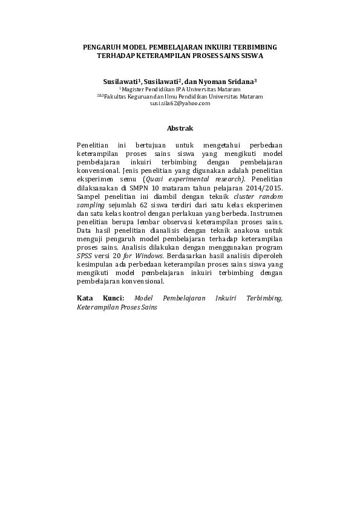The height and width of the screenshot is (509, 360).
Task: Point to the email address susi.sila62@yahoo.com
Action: (x=180, y=103)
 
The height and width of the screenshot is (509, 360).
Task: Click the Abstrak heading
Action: (x=180, y=129)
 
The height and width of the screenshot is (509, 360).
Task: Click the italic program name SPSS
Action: (x=84, y=256)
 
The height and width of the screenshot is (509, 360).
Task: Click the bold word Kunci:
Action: (x=113, y=298)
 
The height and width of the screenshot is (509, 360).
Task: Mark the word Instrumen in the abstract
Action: (x=264, y=213)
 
